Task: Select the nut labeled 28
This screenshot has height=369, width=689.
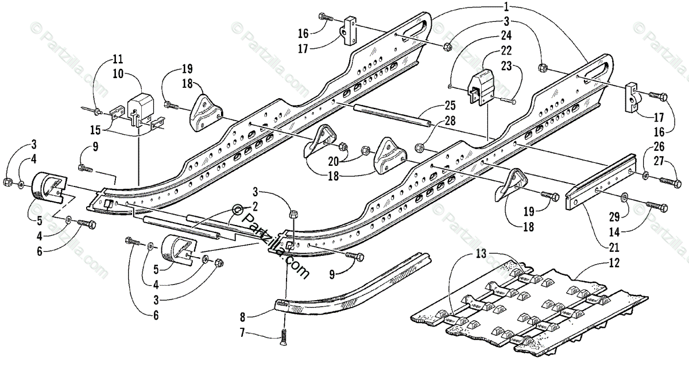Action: click(420, 147)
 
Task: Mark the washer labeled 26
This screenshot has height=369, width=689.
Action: click(645, 174)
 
